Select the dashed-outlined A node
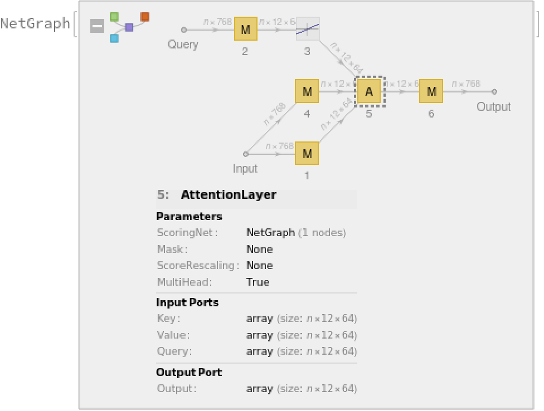[368, 91]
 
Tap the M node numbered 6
[431, 91]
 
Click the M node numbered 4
[307, 91]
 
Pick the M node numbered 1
[307, 153]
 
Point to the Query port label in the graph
[183, 45]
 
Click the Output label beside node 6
[494, 106]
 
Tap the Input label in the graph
[245, 168]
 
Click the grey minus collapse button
[98, 26]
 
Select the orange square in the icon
[145, 17]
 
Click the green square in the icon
[114, 17]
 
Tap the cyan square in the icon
[114, 38]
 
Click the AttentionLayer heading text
[229, 195]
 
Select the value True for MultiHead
[258, 282]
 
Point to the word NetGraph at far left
[35, 24]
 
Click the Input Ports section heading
[187, 302]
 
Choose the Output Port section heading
[189, 372]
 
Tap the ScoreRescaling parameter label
[198, 266]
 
